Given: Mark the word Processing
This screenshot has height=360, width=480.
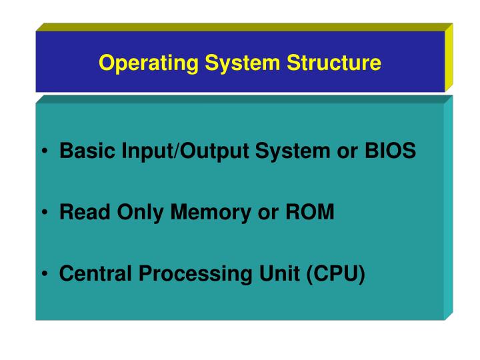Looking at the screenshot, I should point(183,274).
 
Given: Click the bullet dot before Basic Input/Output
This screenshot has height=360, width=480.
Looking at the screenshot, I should point(43,153).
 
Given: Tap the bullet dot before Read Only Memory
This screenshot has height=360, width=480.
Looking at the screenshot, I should point(43,214).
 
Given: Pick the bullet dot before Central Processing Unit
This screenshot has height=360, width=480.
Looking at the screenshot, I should point(43,275).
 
